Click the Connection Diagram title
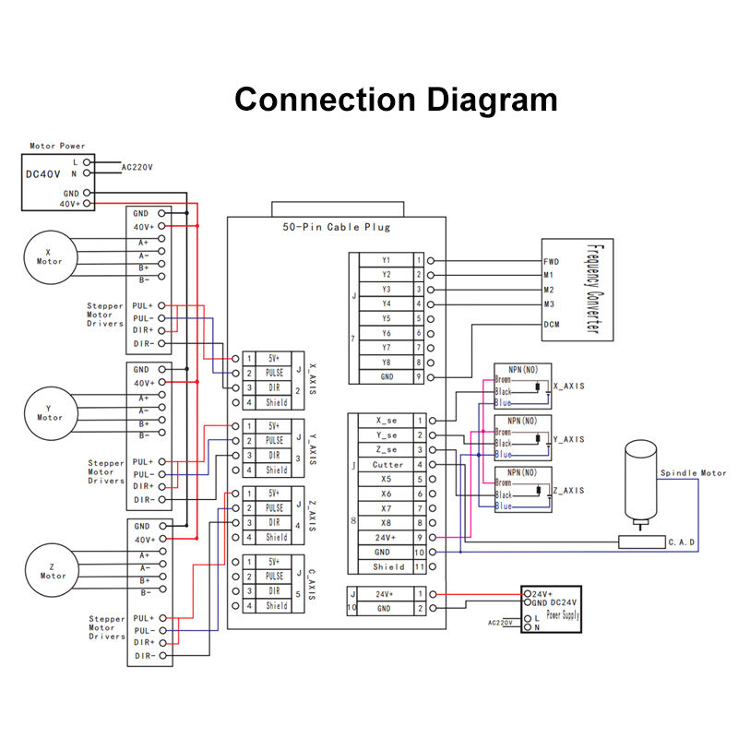tap(396, 99)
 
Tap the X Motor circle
tap(48, 254)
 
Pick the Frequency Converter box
tap(577, 289)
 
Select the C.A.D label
tap(681, 542)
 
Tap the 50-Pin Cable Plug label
tap(337, 227)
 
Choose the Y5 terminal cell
tap(387, 318)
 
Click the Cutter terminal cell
tap(387, 464)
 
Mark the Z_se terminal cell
tap(387, 449)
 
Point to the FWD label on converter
tap(551, 261)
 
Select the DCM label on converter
tap(552, 324)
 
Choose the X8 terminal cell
tap(387, 523)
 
